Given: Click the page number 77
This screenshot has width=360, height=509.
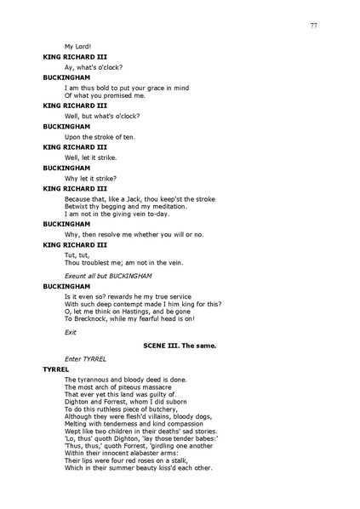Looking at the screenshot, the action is coord(313,26).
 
